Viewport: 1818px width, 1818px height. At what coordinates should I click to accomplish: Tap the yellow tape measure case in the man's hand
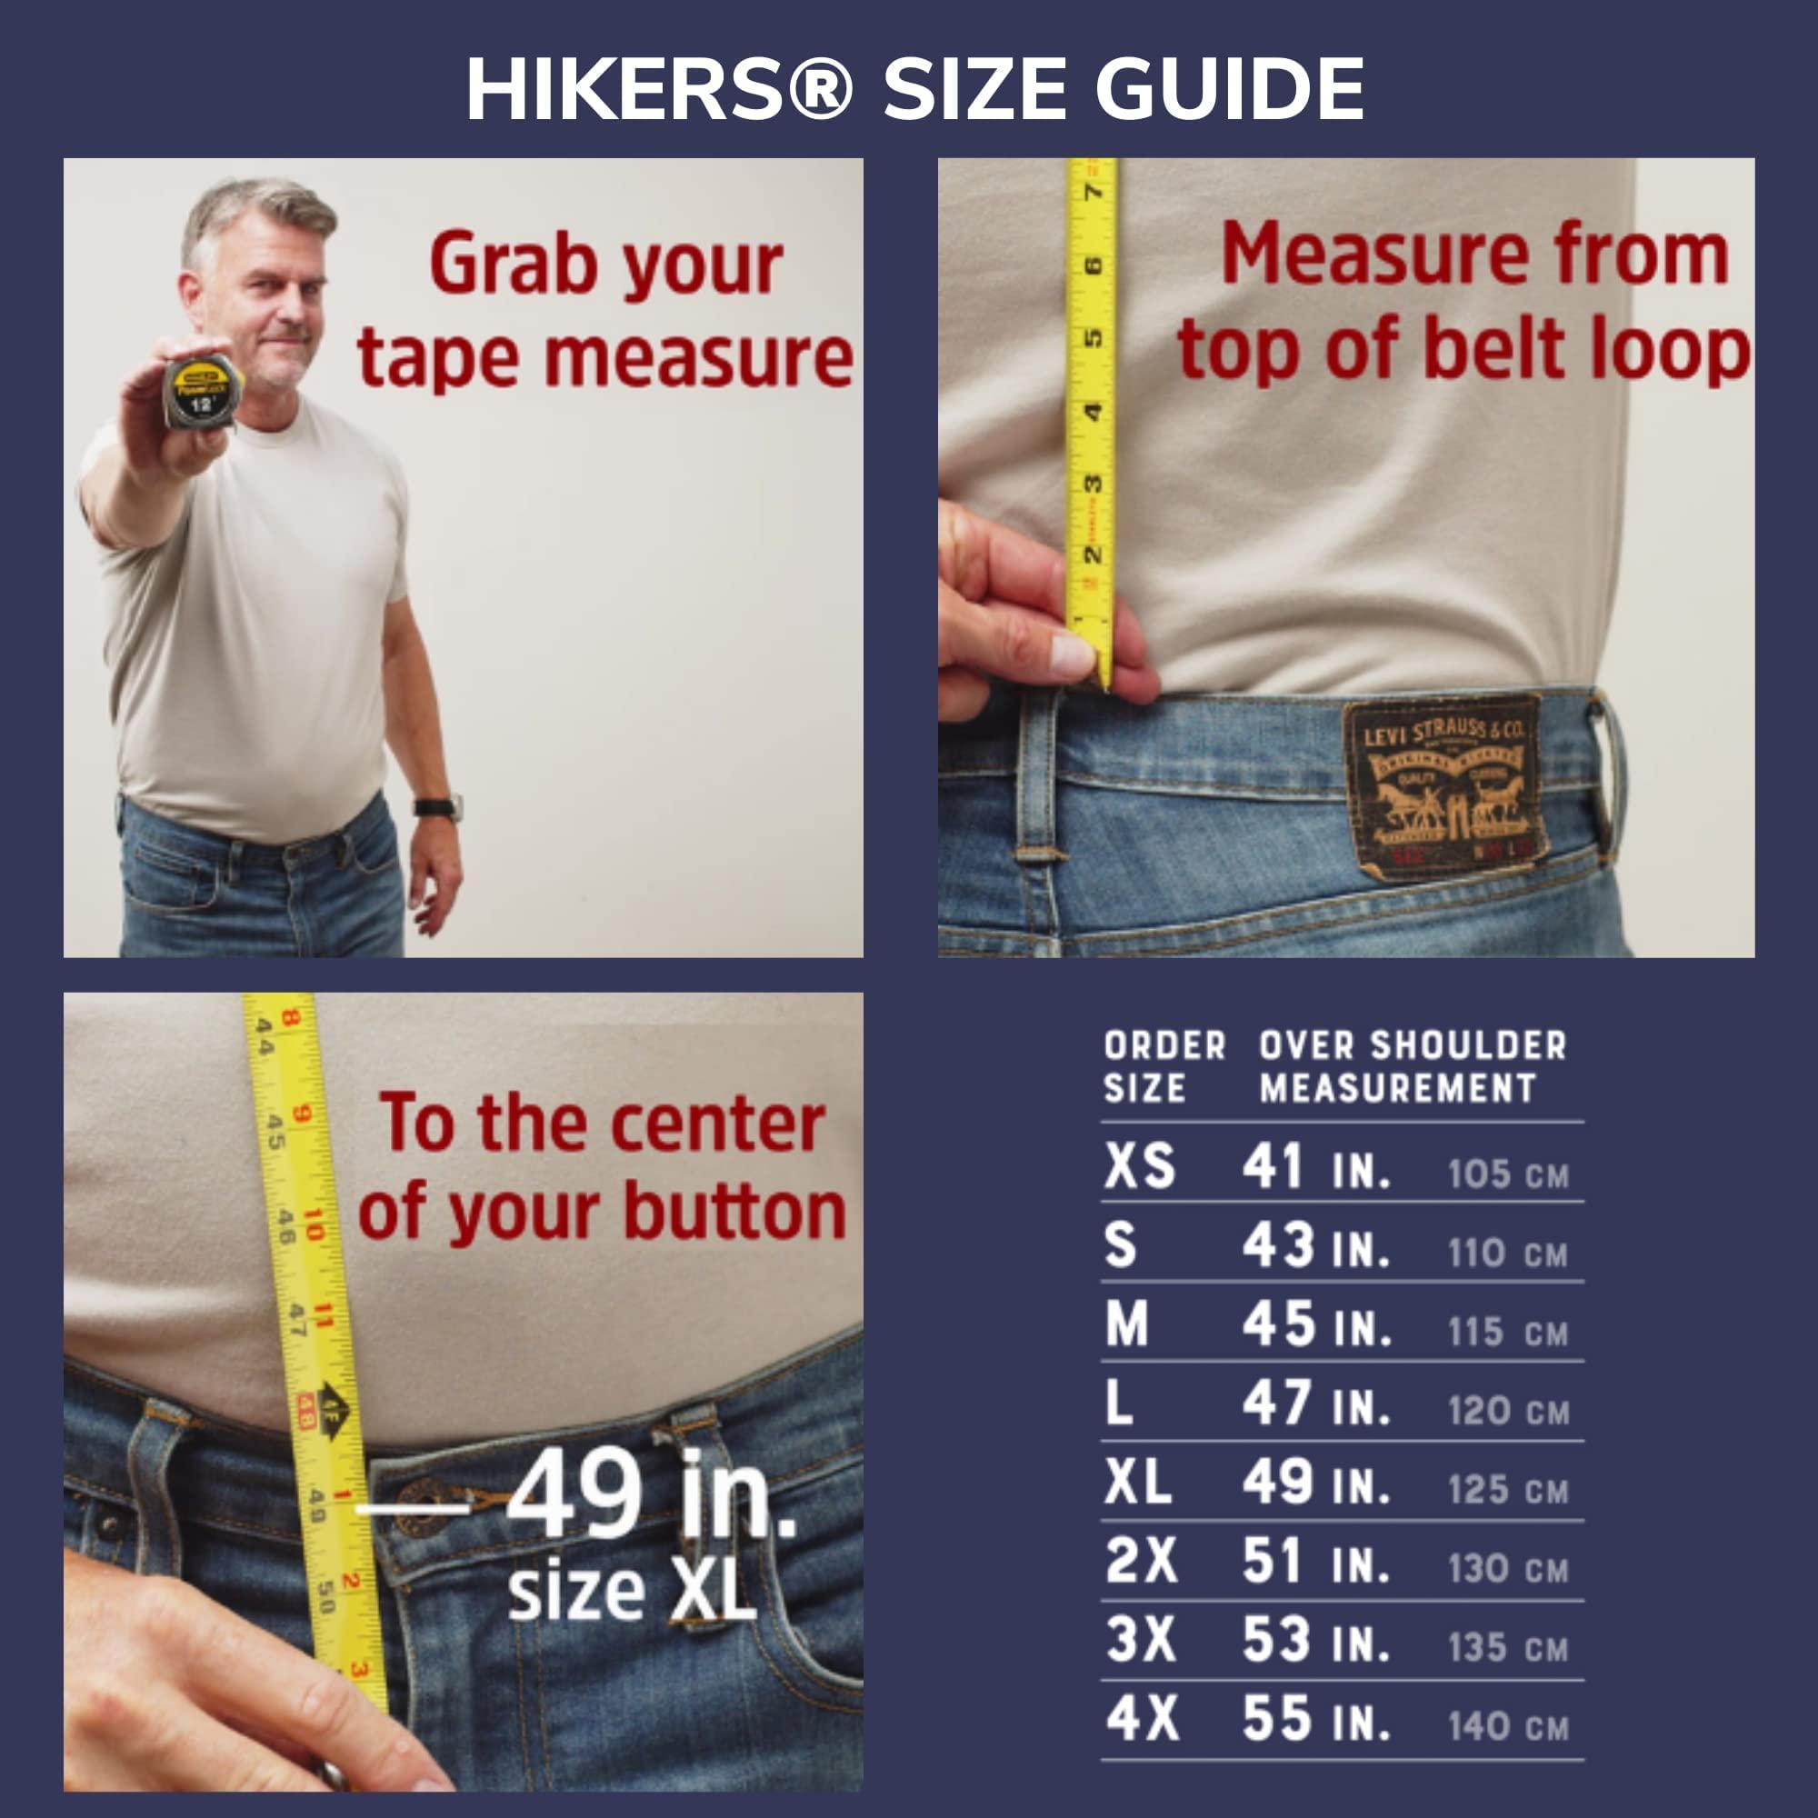[x=204, y=392]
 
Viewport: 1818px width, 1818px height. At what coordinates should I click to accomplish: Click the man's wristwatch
[x=438, y=807]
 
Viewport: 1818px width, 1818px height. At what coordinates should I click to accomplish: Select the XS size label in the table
[x=1140, y=1167]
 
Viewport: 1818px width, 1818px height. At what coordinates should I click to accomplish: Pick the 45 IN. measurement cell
[x=1315, y=1325]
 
